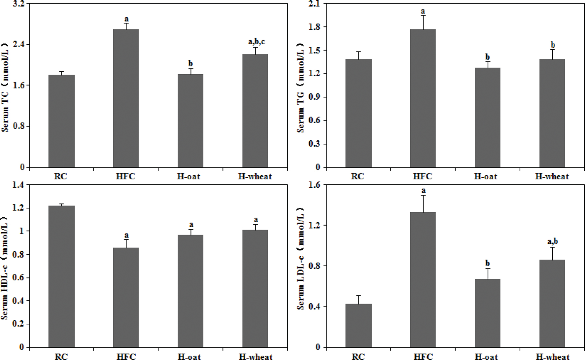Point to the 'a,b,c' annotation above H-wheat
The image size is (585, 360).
coord(256,42)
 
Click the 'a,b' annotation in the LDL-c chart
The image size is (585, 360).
coord(552,241)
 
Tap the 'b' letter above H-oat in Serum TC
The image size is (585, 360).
coord(190,63)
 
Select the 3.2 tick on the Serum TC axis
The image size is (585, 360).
coord(19,4)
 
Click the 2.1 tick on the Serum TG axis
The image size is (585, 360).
coord(315,4)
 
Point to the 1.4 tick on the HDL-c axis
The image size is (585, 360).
coord(18,185)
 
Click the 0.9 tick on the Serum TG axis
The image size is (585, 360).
coord(315,97)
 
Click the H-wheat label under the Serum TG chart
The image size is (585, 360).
coord(552,176)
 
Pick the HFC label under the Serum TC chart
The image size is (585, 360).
coord(125,176)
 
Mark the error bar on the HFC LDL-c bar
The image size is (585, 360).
coord(423,203)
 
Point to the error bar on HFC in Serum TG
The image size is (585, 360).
coord(423,22)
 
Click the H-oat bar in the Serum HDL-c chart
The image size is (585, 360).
coord(190,291)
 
